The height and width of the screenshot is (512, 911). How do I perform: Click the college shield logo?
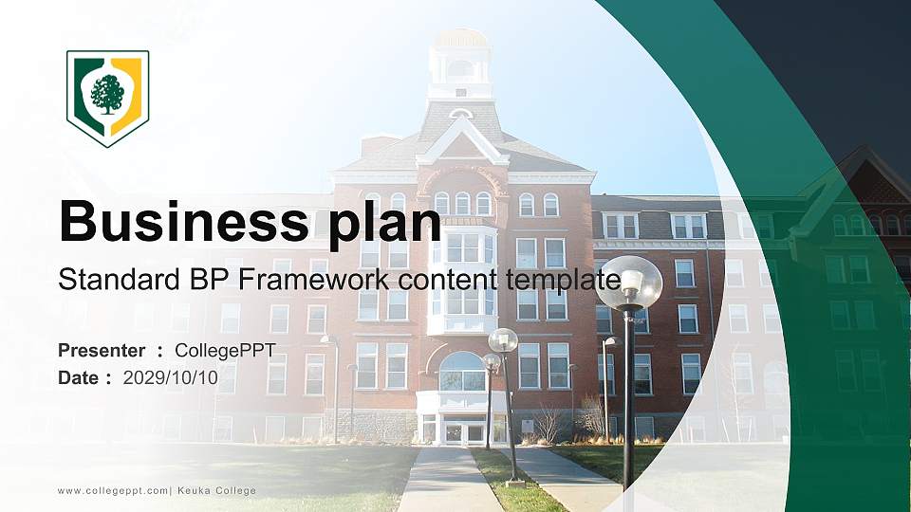pyautogui.click(x=107, y=97)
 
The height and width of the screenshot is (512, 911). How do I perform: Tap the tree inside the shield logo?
pyautogui.click(x=107, y=94)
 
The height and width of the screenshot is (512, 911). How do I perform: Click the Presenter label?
pyautogui.click(x=102, y=351)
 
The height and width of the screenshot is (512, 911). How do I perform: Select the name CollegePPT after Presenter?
pyautogui.click(x=225, y=351)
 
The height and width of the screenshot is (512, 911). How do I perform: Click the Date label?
pyautogui.click(x=81, y=377)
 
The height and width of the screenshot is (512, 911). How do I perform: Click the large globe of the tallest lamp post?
pyautogui.click(x=628, y=283)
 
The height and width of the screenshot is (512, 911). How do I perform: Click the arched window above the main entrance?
pyautogui.click(x=462, y=372)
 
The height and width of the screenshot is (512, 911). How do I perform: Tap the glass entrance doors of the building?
pyautogui.click(x=462, y=431)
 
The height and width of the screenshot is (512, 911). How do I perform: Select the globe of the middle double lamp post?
pyautogui.click(x=503, y=339)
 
